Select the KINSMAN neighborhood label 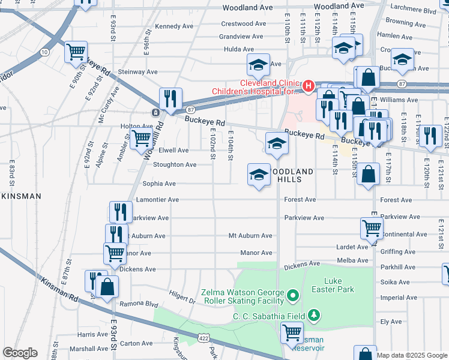pos(21,196)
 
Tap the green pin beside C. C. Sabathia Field pos(313,315)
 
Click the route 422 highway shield pos(205,338)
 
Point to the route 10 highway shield pos(44,53)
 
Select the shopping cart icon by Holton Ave pos(142,137)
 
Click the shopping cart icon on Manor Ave pos(115,252)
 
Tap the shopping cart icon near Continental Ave pos(372,228)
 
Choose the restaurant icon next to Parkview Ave pos(121,211)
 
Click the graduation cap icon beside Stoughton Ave pos(259,174)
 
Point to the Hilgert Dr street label pos(182,295)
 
